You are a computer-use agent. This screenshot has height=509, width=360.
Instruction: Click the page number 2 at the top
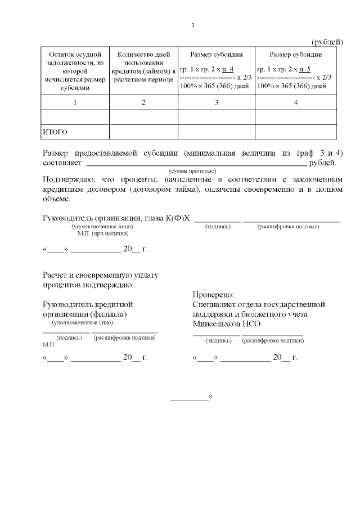point(192,25)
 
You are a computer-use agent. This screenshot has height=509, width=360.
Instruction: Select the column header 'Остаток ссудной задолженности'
point(74,71)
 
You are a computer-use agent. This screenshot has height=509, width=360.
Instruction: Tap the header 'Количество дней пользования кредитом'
point(143,67)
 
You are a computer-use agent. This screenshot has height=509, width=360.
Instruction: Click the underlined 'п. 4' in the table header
point(228,69)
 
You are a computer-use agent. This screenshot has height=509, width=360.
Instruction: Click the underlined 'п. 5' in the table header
point(305,69)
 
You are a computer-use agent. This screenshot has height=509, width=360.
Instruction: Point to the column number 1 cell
point(75,102)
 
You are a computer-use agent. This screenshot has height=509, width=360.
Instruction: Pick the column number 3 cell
point(216,102)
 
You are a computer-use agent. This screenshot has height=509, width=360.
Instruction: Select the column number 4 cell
point(296,102)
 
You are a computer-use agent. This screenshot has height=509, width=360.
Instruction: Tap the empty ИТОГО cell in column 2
point(143,132)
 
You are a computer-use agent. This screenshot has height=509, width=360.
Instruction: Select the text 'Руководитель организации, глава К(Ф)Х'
point(116,218)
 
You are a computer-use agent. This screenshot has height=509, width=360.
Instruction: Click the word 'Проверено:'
point(213,294)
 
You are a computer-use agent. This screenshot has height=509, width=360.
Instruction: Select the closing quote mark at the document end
point(211,397)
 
